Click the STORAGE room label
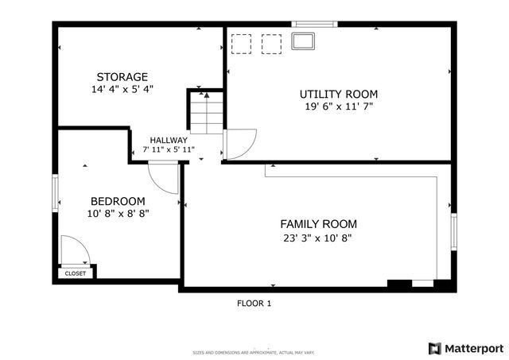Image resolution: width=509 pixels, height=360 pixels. click(122, 77)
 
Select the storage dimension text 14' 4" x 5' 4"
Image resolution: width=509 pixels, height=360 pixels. click(122, 90)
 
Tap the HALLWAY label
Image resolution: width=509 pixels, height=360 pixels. click(165, 140)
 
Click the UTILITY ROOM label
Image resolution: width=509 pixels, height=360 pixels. click(338, 94)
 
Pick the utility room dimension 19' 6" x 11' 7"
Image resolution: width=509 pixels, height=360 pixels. click(338, 106)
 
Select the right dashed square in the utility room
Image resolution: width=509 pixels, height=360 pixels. click(271, 43)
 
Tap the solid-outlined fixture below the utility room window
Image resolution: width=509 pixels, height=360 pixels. click(303, 42)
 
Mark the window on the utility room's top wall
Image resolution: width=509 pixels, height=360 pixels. click(314, 24)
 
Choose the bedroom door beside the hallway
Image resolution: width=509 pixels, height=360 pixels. click(165, 177)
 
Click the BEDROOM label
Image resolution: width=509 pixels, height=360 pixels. click(118, 201)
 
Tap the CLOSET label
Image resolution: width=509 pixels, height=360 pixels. click(76, 273)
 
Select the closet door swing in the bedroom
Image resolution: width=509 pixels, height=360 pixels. click(74, 250)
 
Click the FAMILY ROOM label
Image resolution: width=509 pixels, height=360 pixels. click(318, 224)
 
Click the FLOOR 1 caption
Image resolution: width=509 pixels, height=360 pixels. click(254, 303)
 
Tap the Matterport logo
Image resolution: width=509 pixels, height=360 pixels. click(465, 348)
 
